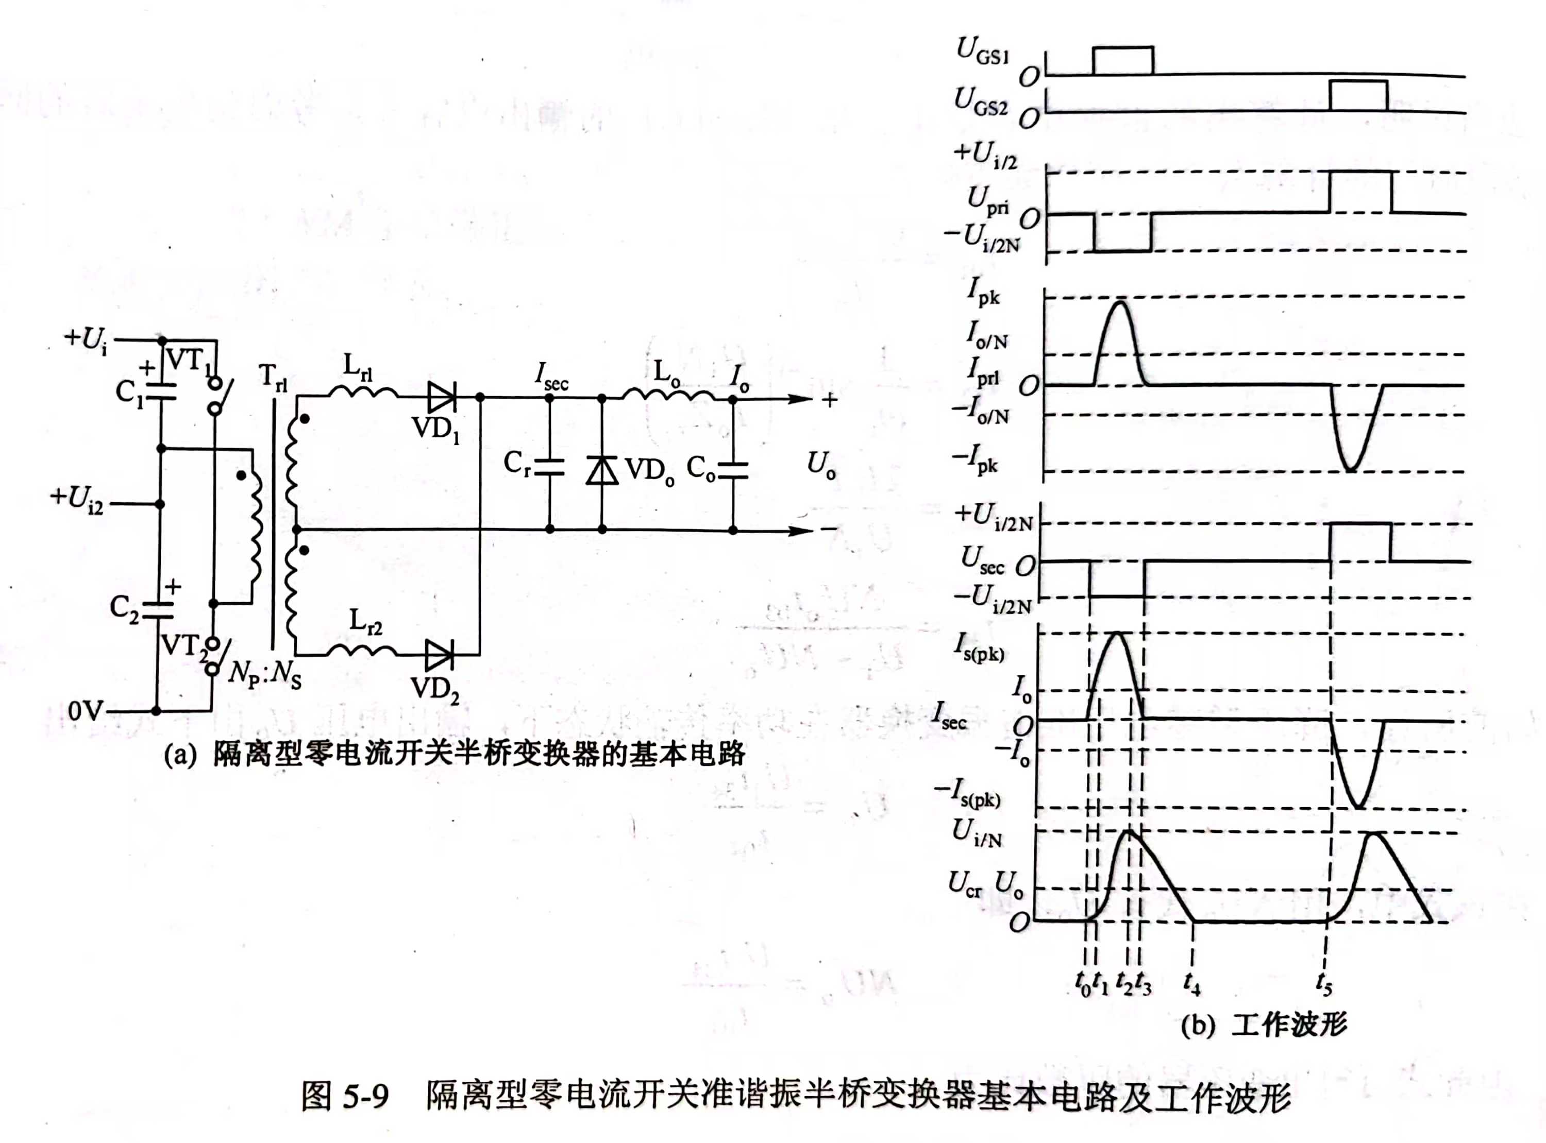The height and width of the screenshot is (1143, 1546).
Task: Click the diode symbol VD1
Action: tap(441, 397)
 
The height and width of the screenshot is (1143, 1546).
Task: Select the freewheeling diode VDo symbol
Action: tap(602, 470)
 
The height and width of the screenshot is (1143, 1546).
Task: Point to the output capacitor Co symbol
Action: tap(733, 470)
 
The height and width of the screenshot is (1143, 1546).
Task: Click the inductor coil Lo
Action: tap(668, 395)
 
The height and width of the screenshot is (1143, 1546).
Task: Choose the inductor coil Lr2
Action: tap(361, 651)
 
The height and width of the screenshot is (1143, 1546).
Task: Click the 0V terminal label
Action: tap(85, 711)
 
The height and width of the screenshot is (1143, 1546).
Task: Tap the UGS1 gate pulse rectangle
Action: tap(1122, 61)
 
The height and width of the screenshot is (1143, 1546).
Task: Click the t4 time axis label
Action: tap(1191, 982)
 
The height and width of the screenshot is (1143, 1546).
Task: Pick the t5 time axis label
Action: tap(1324, 984)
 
